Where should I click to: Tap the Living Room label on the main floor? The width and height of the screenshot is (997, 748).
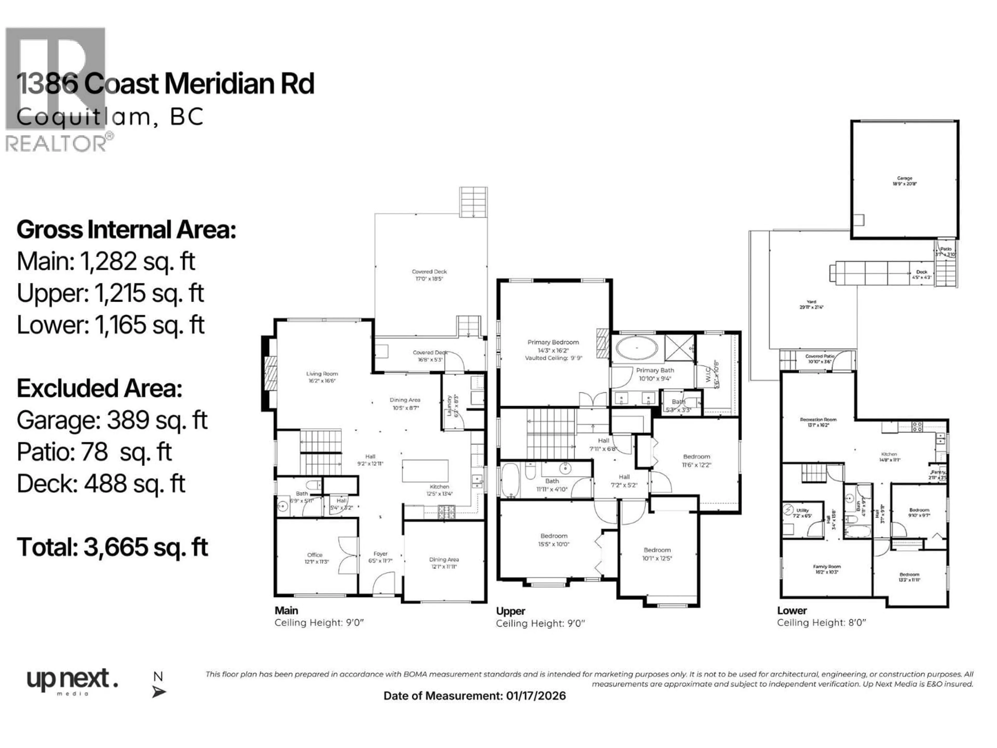point(322,377)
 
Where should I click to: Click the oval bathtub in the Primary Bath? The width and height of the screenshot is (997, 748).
point(637,348)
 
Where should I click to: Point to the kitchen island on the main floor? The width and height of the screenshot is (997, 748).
point(425,471)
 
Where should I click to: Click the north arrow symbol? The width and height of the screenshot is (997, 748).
point(159,691)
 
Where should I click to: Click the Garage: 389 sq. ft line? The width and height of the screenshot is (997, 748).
point(112,420)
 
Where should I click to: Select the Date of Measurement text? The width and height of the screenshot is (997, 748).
point(474,696)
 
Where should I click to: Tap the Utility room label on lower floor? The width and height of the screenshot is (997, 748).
point(802,513)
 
